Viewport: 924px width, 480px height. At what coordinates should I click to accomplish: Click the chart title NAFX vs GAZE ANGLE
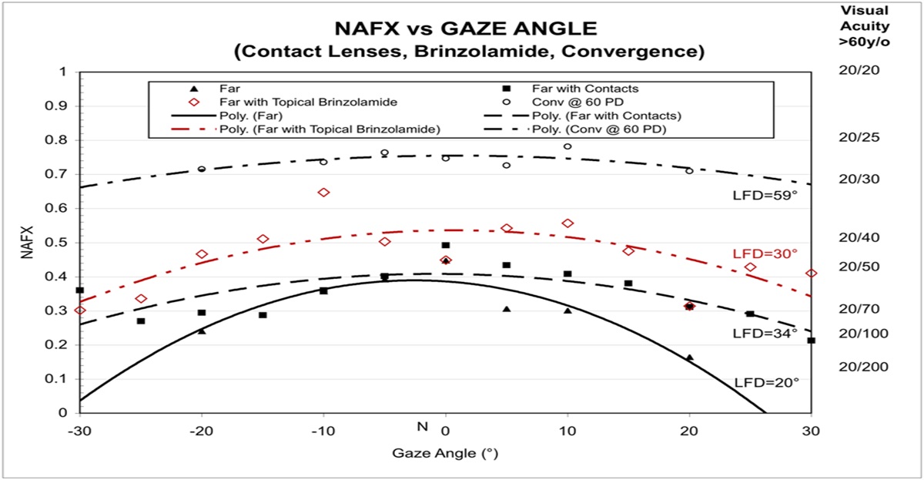pos(466,30)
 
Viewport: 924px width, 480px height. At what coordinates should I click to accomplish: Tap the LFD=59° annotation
pos(765,196)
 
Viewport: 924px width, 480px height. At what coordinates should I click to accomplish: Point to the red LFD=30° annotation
pos(765,253)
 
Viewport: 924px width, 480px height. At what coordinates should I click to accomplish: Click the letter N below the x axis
pos(422,426)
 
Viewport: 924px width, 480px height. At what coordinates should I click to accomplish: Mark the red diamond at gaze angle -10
pos(323,192)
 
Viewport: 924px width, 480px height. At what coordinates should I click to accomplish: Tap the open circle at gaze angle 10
pos(567,146)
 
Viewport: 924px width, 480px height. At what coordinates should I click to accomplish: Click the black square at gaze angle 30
pos(812,340)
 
